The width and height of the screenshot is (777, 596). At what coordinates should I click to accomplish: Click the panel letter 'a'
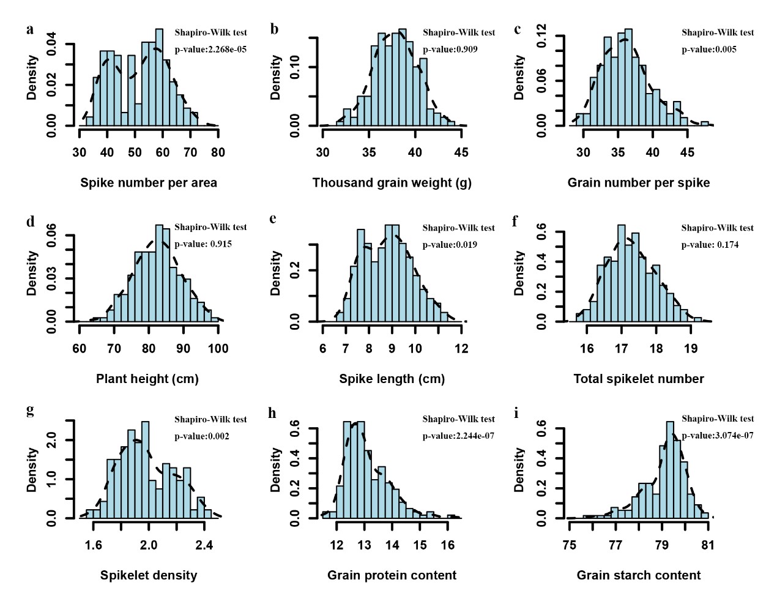point(30,29)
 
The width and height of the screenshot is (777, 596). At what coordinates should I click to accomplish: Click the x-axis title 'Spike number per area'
point(149,182)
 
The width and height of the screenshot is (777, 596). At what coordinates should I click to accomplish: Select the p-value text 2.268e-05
point(210,50)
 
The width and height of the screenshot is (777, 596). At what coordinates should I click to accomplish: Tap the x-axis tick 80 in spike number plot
point(218,152)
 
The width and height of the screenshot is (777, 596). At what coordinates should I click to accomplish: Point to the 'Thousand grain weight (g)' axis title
point(392,182)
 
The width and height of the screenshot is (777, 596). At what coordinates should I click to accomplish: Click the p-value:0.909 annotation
point(450,50)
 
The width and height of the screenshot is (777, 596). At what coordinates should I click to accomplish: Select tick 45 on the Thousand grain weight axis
point(461,152)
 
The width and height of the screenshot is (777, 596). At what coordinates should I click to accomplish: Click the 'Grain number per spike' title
point(639,182)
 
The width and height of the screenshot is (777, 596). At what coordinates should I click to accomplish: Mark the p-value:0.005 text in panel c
point(709,50)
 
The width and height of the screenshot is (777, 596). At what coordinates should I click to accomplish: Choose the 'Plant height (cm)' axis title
point(147,379)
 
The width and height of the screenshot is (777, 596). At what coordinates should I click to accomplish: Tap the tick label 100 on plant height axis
point(218,349)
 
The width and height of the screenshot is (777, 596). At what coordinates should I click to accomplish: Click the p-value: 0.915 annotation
point(203,244)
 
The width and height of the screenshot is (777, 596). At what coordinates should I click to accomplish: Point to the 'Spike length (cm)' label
point(392,379)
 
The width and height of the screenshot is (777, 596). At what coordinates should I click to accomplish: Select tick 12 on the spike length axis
point(461,349)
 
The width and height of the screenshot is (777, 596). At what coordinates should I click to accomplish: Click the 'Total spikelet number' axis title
point(639,379)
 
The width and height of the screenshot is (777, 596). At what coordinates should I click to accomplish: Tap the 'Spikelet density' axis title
point(149,575)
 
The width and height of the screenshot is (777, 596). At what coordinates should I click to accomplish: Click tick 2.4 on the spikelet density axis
point(204,545)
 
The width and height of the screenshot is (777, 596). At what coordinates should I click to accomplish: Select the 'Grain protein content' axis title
point(392,575)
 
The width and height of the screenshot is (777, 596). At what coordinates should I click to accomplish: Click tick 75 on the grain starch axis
point(569,545)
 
